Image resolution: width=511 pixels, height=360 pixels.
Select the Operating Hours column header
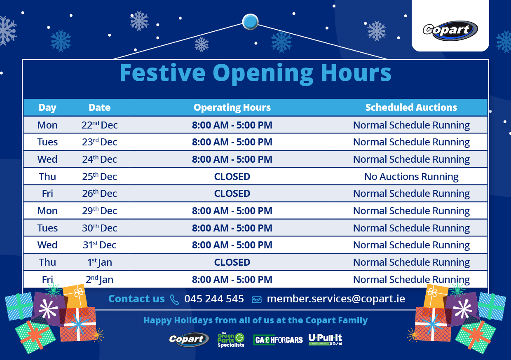(232, 108)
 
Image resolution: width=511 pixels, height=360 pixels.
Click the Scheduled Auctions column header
(411, 108)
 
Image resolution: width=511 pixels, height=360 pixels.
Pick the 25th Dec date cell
(99, 177)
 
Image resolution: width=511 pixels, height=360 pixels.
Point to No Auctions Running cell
(411, 177)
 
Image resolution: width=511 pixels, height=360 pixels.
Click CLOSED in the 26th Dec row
(232, 194)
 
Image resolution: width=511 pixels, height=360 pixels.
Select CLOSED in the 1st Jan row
(232, 262)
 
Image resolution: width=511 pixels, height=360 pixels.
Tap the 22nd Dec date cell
(99, 125)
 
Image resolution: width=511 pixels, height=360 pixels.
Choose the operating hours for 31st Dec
(232, 245)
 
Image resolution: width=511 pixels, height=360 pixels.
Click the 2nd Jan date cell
(99, 280)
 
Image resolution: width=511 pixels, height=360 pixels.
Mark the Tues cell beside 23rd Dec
(47, 142)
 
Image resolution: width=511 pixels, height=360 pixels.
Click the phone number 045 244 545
(214, 299)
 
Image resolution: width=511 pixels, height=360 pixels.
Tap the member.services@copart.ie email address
(336, 299)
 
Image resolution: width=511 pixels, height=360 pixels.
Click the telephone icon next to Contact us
(175, 299)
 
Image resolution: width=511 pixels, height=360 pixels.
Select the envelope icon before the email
(257, 299)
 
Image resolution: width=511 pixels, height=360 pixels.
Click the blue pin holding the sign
(250, 22)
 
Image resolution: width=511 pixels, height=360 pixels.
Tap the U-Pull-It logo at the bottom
(325, 339)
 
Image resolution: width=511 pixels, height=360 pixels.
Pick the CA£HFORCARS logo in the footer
(278, 340)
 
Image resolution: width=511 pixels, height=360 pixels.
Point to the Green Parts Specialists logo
(231, 340)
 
